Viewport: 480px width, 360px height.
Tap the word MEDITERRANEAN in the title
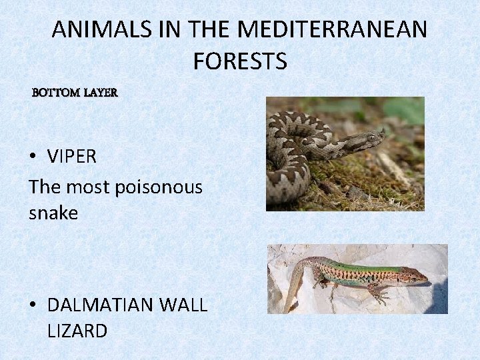point(332,30)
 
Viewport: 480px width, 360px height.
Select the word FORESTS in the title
point(240,61)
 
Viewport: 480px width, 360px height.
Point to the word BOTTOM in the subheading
point(56,93)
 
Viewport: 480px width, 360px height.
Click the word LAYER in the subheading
point(101,93)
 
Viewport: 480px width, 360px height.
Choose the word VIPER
point(72,157)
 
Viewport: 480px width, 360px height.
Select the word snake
point(53,213)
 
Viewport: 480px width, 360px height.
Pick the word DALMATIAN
point(101,305)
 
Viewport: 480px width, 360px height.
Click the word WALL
point(184,305)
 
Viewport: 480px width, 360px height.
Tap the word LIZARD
point(77,331)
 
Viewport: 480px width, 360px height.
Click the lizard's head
point(417,275)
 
